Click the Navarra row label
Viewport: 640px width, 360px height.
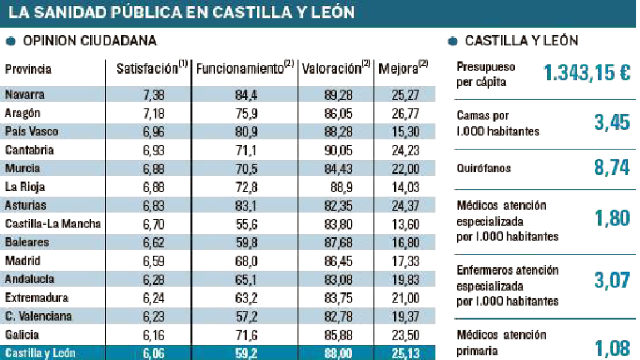(x=25, y=94)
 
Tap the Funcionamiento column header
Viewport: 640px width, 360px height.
(x=245, y=68)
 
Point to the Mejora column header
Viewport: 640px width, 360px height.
(x=403, y=68)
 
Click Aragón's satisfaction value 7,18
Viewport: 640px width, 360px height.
(x=154, y=114)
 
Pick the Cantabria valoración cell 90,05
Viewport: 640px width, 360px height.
(x=338, y=150)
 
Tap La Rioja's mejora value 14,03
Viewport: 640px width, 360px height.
(x=405, y=187)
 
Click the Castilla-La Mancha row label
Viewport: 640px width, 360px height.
(x=53, y=223)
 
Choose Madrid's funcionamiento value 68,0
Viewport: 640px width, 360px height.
(x=246, y=261)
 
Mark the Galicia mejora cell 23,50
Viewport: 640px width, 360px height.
(x=405, y=335)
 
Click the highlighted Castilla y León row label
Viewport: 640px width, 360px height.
(x=40, y=353)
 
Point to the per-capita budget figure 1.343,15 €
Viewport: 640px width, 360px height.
(x=587, y=73)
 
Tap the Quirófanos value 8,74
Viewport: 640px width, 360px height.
(x=612, y=167)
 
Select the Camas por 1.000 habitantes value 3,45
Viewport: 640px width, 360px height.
(x=612, y=122)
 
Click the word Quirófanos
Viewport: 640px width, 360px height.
(x=483, y=169)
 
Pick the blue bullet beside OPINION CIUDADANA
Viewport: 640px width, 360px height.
(x=11, y=41)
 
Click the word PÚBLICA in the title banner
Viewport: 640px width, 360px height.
(x=146, y=12)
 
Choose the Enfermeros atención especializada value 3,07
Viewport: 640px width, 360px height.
(x=612, y=280)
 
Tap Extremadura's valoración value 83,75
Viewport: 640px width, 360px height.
(x=338, y=298)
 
